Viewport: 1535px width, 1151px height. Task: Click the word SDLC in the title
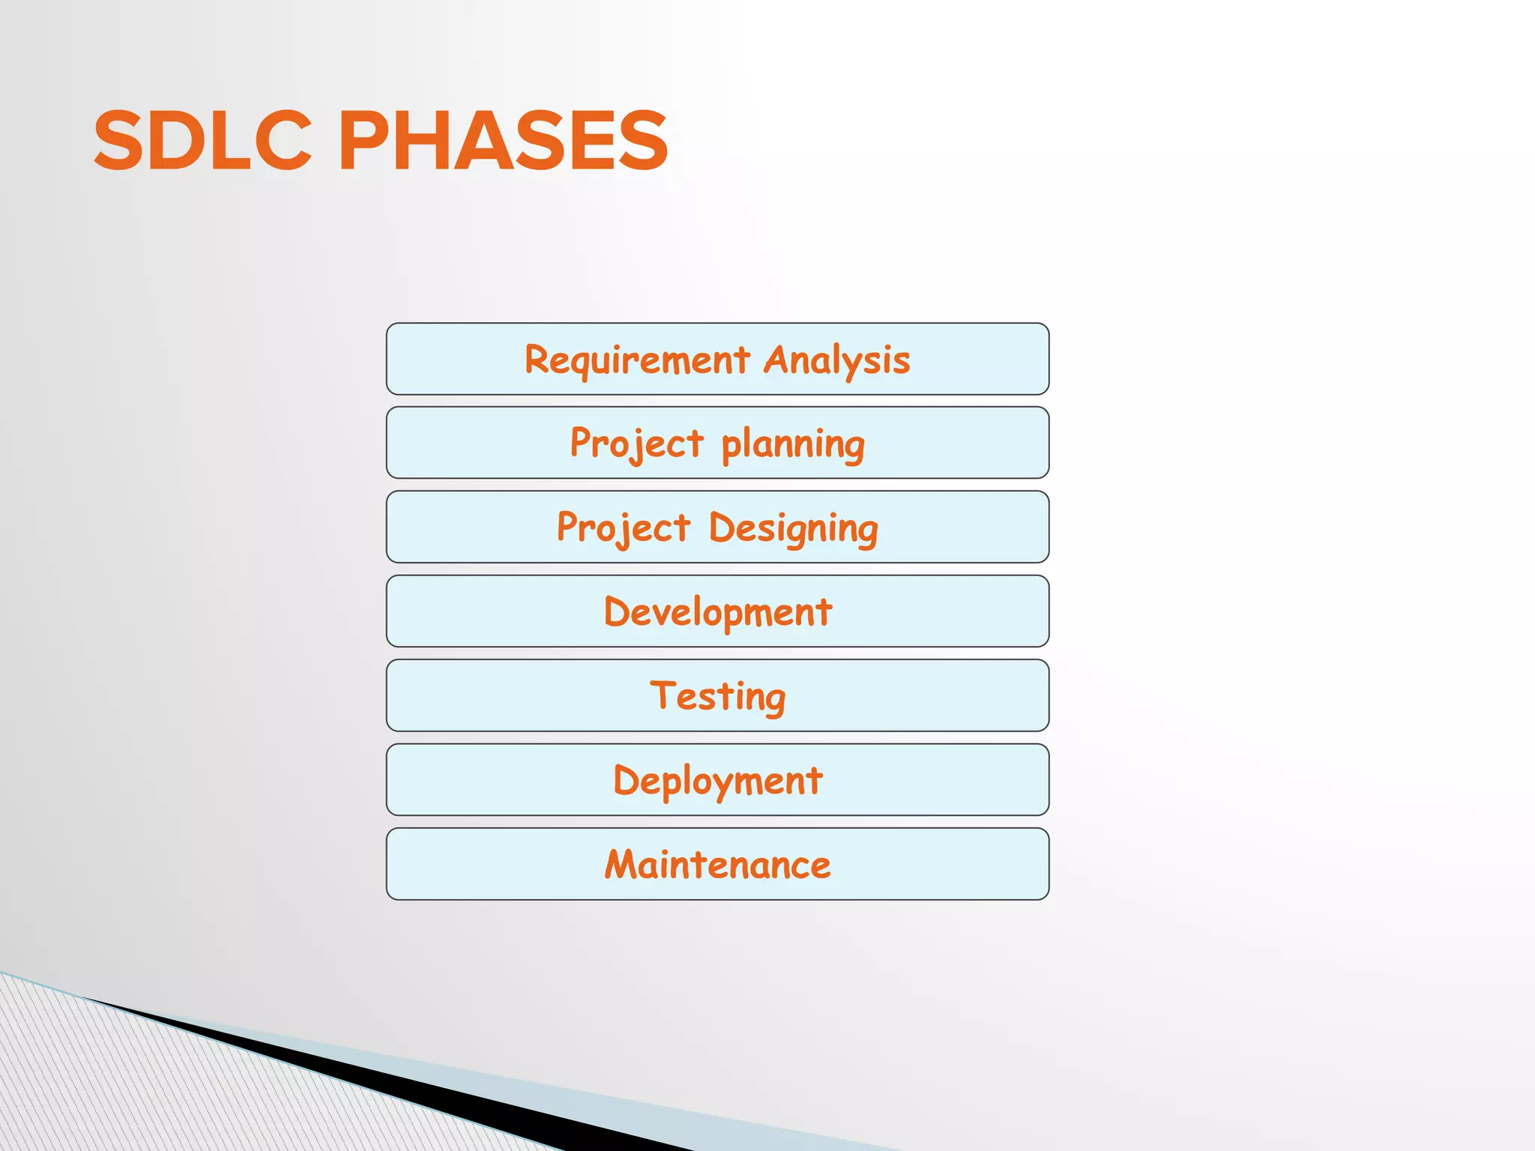tap(202, 141)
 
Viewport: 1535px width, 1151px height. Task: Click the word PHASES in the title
tap(503, 141)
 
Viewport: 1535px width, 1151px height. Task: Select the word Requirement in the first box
tap(636, 360)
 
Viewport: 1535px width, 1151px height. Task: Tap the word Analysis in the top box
tap(836, 360)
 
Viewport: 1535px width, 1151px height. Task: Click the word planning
tap(793, 444)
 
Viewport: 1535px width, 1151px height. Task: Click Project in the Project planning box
tap(636, 444)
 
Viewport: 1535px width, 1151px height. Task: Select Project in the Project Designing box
tap(623, 529)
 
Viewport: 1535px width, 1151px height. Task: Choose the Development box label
tap(717, 612)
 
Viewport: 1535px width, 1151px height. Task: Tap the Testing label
tap(717, 697)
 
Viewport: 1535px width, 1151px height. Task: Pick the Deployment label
tap(717, 781)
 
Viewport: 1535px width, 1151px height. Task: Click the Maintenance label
tap(717, 865)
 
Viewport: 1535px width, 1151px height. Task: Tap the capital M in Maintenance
tap(622, 864)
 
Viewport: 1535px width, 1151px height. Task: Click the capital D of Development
tap(617, 611)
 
